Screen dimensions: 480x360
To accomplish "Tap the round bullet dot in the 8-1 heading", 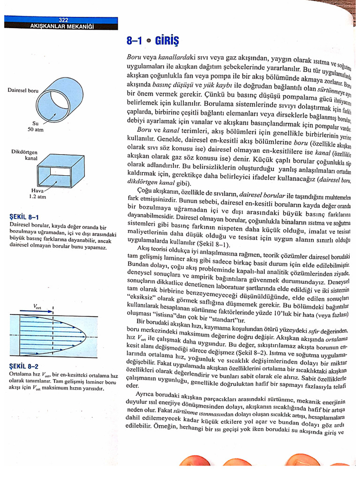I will tap(149, 42).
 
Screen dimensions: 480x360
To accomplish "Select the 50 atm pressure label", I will tap(35, 130).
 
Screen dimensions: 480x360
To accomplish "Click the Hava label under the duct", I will tap(37, 191).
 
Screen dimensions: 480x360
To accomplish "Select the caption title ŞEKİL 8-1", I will tap(24, 217).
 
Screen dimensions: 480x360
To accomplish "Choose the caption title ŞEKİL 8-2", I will tap(24, 366).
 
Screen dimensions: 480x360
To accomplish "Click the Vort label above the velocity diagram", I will tap(37, 306).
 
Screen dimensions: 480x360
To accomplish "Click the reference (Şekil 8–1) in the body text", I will tap(212, 244).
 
